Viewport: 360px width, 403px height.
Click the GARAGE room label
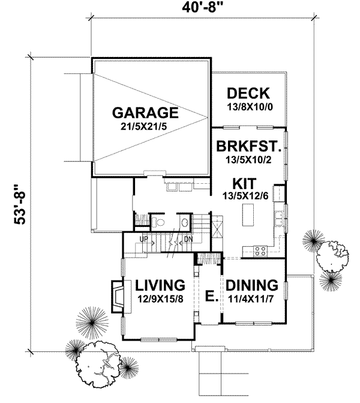coord(145,112)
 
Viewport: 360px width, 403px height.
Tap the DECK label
coord(248,94)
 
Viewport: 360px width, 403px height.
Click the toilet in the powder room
coord(158,223)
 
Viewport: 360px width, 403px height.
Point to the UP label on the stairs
coord(144,240)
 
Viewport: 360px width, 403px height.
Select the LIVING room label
coord(158,284)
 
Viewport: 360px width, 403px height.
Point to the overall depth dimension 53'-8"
coord(19,204)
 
